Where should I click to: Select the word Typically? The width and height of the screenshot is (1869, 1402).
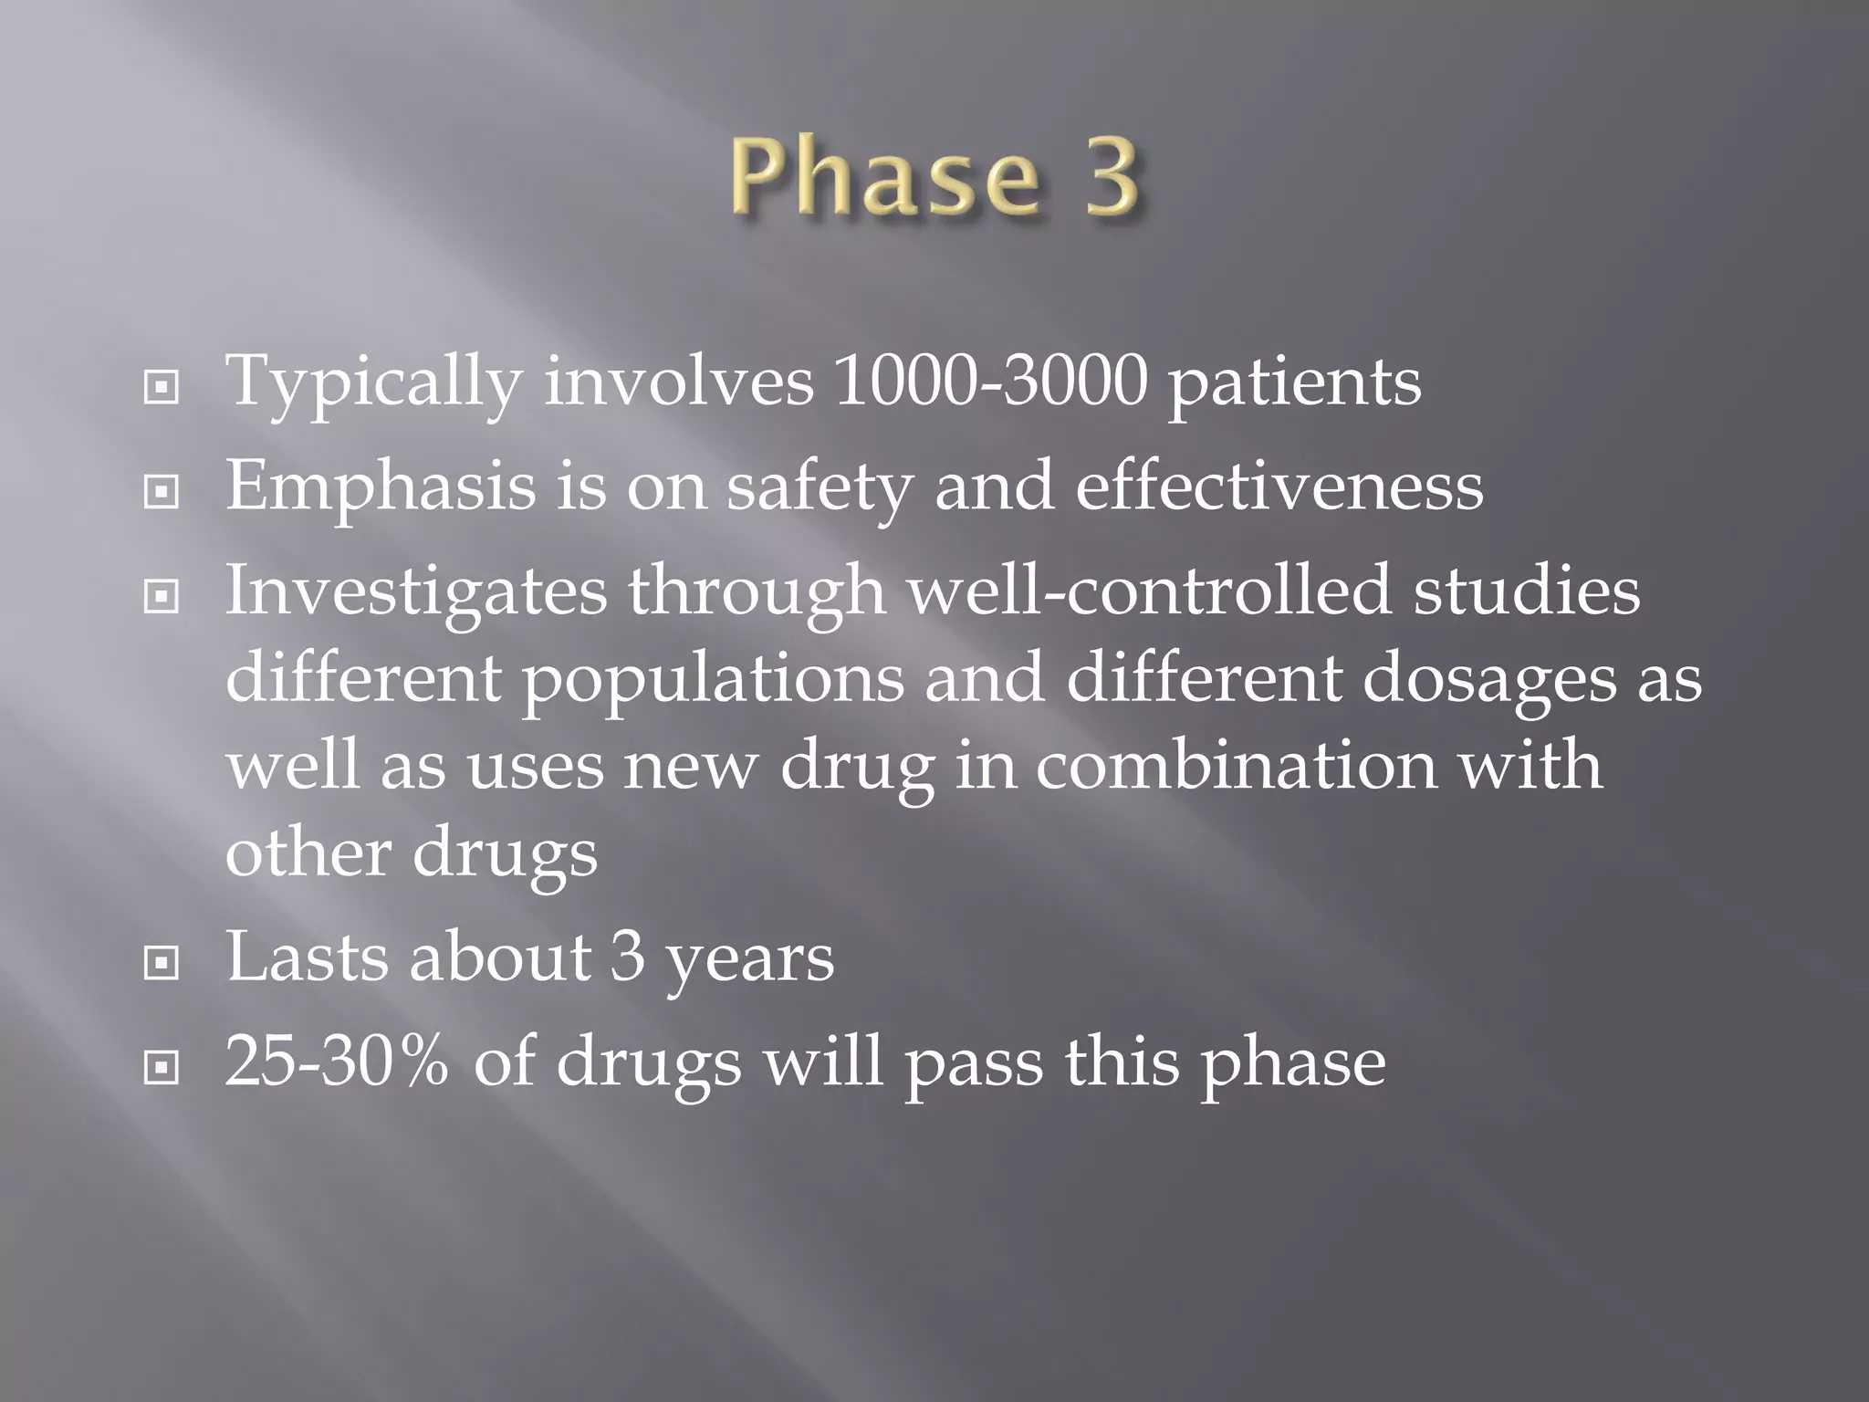(374, 383)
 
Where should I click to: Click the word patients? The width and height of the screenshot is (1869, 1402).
(1294, 383)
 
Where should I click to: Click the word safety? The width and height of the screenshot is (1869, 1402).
(819, 487)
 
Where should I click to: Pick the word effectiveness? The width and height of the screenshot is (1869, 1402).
(1279, 486)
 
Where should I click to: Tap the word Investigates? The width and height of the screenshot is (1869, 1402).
(415, 591)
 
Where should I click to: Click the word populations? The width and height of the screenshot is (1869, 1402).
(713, 680)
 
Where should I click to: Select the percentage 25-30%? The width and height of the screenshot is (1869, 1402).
(337, 1061)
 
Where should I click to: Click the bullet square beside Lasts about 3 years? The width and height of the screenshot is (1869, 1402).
(162, 962)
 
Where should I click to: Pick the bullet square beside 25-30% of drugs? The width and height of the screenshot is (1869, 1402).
(162, 1066)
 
